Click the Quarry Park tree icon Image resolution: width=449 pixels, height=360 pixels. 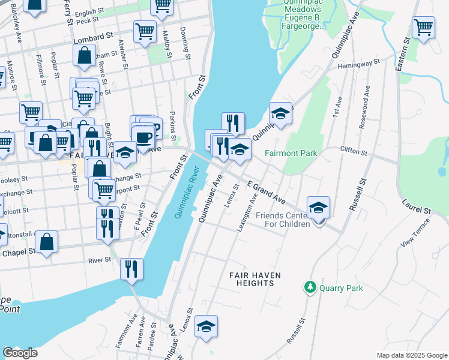310,288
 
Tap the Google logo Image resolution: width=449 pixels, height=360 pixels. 20,352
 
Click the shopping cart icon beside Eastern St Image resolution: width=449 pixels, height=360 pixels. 424,27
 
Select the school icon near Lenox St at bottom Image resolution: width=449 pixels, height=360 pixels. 206,326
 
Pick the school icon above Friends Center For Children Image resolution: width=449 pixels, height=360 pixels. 318,207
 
